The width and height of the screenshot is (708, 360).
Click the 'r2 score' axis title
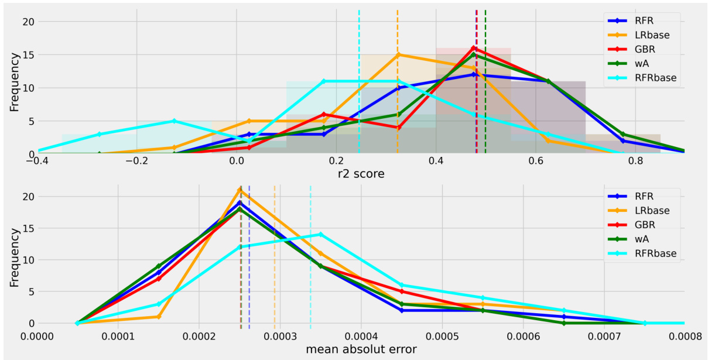pyautogui.click(x=362, y=174)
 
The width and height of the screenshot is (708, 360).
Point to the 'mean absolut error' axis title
pyautogui.click(x=361, y=350)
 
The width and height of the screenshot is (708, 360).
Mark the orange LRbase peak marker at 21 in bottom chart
pyautogui.click(x=240, y=190)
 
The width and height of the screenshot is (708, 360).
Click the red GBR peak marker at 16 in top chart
pyautogui.click(x=473, y=48)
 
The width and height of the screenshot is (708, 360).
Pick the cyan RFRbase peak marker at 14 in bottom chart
pyautogui.click(x=320, y=234)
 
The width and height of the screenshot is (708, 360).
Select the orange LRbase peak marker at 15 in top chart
pyautogui.click(x=398, y=55)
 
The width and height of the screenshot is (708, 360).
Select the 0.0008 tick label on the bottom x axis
pyautogui.click(x=683, y=336)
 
